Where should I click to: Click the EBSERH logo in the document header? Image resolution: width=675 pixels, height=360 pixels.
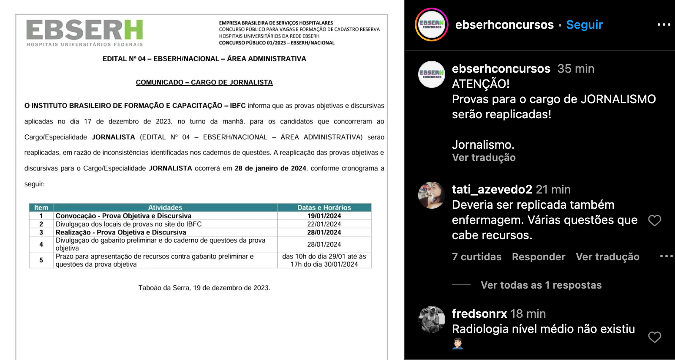[84, 32]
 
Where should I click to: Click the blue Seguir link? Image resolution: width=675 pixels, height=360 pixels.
[584, 25]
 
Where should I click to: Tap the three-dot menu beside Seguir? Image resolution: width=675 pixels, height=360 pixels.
[664, 25]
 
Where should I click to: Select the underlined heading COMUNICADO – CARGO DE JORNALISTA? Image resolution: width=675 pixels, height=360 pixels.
[204, 82]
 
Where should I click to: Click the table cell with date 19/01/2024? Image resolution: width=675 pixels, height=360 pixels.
[324, 216]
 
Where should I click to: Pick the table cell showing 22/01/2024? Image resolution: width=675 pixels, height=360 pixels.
[324, 224]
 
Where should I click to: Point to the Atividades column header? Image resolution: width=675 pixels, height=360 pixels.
[165, 207]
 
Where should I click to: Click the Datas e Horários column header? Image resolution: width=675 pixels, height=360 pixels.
[324, 207]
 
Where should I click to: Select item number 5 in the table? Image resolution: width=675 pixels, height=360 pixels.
[41, 260]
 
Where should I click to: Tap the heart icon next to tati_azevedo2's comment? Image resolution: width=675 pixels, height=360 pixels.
[654, 220]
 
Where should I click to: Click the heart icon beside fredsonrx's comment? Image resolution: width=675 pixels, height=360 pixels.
[654, 337]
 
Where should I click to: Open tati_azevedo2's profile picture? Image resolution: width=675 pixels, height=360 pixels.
[432, 195]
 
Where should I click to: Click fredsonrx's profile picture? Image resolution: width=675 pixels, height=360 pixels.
[432, 319]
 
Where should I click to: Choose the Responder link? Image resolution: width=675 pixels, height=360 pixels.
[538, 257]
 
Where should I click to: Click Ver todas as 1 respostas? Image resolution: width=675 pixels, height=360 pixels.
[541, 285]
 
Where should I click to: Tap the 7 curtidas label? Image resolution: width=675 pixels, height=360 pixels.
[476, 257]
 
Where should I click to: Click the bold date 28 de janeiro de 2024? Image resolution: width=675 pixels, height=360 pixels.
[270, 168]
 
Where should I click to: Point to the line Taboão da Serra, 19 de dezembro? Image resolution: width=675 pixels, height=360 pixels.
[204, 288]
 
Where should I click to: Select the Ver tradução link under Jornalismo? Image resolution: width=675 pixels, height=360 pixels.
[484, 158]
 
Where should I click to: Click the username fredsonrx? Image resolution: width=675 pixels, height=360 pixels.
[479, 314]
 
